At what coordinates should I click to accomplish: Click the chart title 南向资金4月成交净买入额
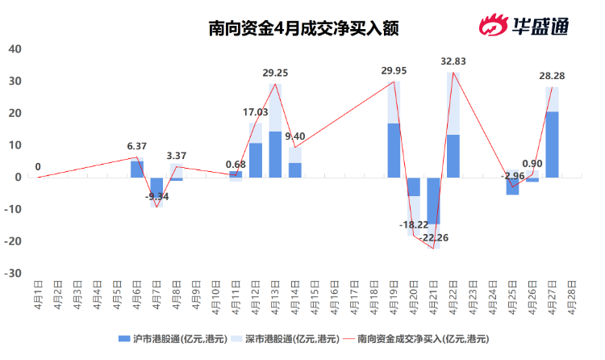(x=302, y=28)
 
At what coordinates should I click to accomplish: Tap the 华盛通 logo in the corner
(x=525, y=27)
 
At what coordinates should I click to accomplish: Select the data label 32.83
(x=453, y=61)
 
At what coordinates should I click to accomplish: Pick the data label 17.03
(x=256, y=112)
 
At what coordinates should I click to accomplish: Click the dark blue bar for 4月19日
(x=394, y=150)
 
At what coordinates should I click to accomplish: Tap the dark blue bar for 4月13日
(x=275, y=154)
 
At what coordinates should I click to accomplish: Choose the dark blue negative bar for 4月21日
(x=433, y=199)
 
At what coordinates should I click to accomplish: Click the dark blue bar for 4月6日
(x=137, y=169)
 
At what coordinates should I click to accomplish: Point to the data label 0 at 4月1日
(x=38, y=168)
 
